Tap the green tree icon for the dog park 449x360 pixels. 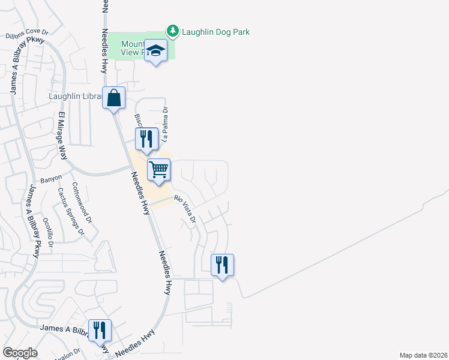point(173,31)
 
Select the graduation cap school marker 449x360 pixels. point(156,52)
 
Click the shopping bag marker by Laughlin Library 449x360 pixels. point(113,97)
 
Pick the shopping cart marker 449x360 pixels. point(159,169)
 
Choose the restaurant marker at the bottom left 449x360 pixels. point(100,331)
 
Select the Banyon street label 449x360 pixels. point(52,179)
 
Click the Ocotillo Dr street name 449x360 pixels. point(46,233)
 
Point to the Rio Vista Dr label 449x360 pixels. point(185,209)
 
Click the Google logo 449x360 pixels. point(20,353)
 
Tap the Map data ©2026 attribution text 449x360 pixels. point(423,355)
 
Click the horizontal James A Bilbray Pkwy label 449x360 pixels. point(62,328)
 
